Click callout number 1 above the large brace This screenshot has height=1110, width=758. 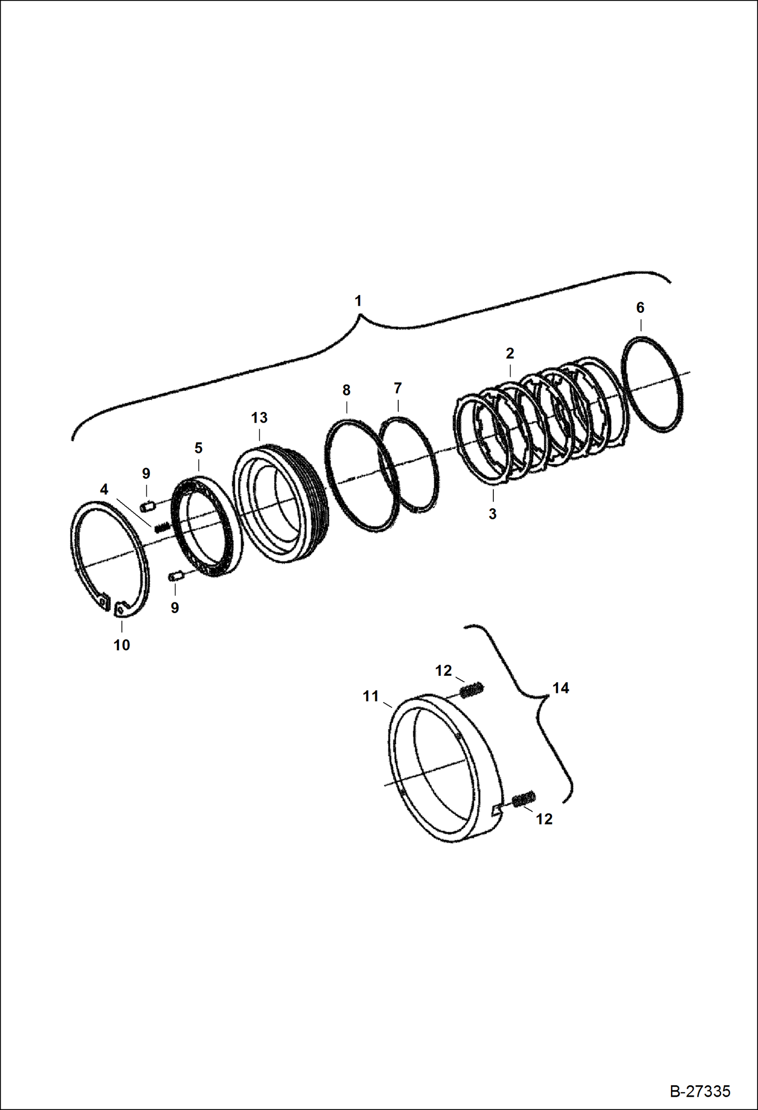pos(358,301)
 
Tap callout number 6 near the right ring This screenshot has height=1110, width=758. pos(640,308)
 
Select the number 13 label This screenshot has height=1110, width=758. pos(259,418)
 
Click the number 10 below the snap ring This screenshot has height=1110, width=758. pos(121,645)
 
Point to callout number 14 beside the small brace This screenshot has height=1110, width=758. pos(561,688)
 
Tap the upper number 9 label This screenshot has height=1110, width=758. pos(146,474)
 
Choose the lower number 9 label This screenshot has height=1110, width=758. pos(175,608)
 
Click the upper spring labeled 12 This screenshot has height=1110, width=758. pos(472,689)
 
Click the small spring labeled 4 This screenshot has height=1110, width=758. pos(161,528)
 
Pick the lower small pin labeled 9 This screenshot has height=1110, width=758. pos(175,575)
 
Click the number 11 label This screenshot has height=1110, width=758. pos(370,697)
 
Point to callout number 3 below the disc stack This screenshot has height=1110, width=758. pos(492,514)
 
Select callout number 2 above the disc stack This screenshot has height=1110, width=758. pos(510,353)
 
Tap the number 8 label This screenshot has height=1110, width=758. pos(346,390)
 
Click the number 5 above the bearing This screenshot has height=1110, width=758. pos(198,448)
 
